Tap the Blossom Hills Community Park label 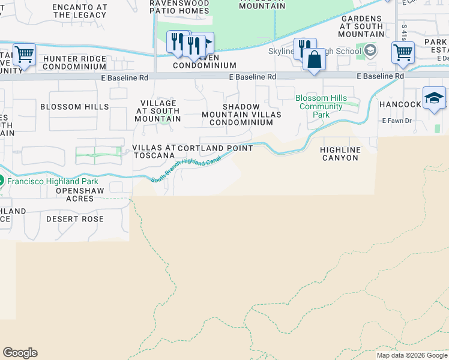(x=321, y=106)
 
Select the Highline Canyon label (x=340, y=154)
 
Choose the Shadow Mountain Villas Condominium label (x=241, y=115)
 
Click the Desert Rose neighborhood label (x=75, y=219)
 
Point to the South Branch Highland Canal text (x=186, y=169)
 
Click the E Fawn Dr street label (x=397, y=121)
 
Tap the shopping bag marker (x=314, y=60)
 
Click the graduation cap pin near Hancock (x=434, y=98)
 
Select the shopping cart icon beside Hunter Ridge (x=24, y=55)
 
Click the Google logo (x=20, y=353)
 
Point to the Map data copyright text (x=412, y=355)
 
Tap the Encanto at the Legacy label (x=80, y=10)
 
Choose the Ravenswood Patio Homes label (x=180, y=7)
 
